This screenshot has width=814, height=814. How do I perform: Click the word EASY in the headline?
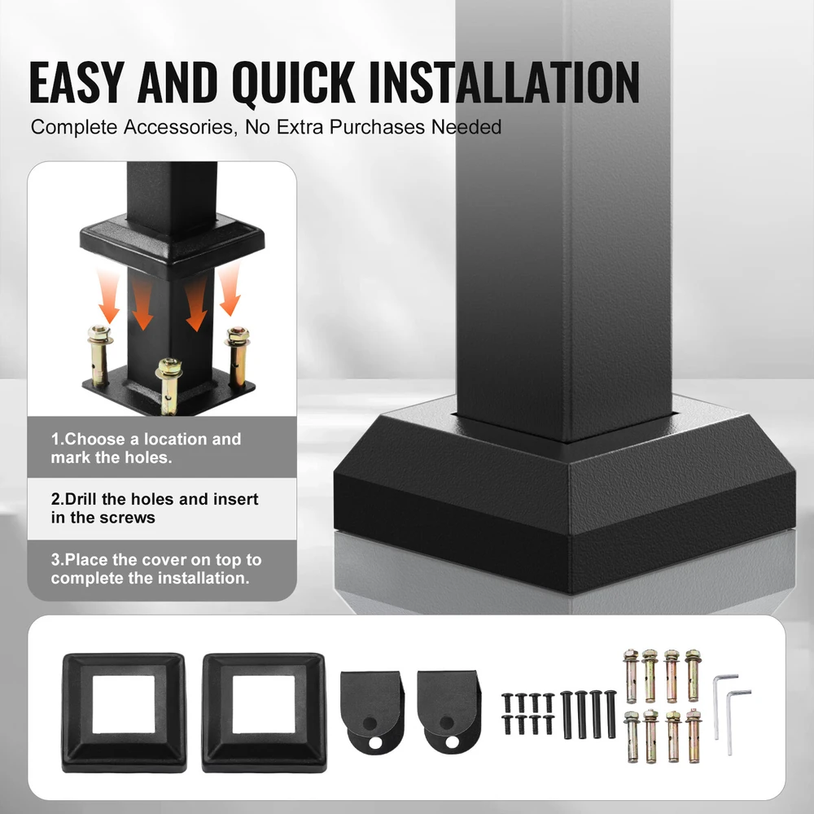coord(77,82)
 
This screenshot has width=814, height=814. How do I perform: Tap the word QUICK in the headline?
coord(293,83)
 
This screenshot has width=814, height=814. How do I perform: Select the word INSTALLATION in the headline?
coord(504,82)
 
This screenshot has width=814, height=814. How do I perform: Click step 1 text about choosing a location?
coord(146,448)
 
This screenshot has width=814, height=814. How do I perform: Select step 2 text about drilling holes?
coord(155,508)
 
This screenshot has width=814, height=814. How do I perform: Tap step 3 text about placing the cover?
coord(156,569)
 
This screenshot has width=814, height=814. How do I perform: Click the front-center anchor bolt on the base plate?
coord(168,386)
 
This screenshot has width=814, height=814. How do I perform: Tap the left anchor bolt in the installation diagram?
coord(99,355)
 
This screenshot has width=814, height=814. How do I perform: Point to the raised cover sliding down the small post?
coord(173,247)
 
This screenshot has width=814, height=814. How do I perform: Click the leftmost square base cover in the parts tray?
coord(124,712)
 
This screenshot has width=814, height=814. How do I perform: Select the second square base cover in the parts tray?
coord(265,712)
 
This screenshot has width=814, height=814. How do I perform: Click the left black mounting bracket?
coord(372,712)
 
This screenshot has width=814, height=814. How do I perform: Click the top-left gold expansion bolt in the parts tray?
coord(632,675)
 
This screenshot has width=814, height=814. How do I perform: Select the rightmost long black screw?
coord(611,714)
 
